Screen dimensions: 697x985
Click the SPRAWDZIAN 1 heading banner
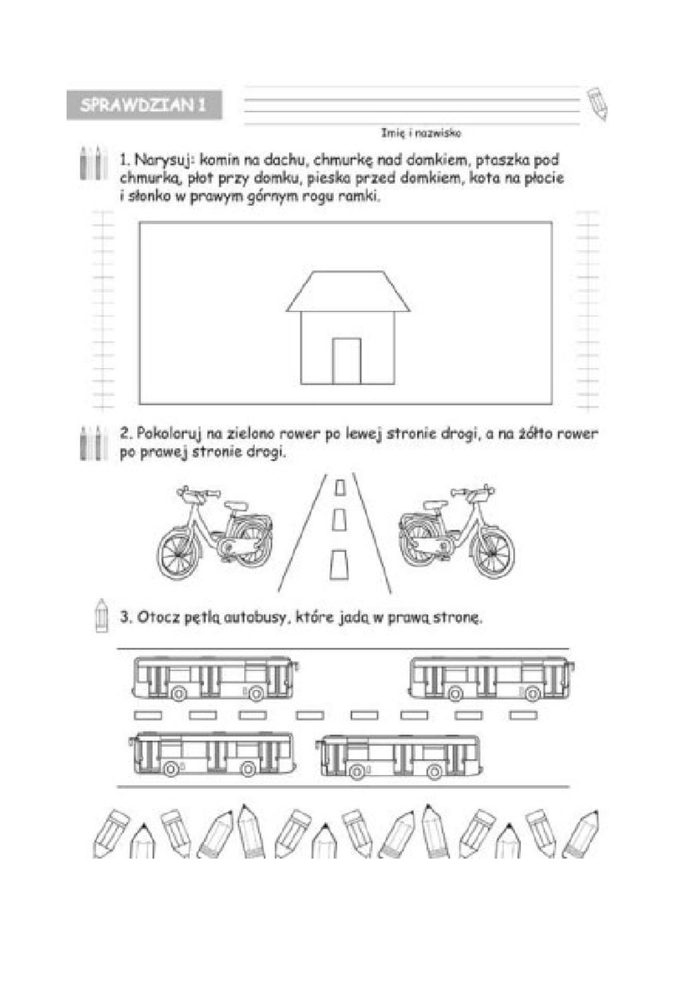tap(144, 105)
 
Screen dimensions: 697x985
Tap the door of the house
tap(347, 361)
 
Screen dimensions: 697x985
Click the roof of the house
tap(348, 291)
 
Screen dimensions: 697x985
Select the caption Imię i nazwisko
tap(421, 133)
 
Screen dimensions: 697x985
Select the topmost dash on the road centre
tap(340, 488)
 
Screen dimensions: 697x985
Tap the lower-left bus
tap(212, 754)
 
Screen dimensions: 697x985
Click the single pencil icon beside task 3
tap(102, 615)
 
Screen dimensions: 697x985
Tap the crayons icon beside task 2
tap(94, 443)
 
